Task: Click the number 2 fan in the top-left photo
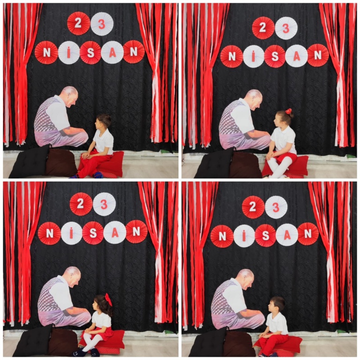coord(78,23)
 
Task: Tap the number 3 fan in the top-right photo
coord(286,28)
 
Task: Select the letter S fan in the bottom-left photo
coord(93,232)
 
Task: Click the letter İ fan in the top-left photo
coord(69,53)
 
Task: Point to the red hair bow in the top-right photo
coord(288,112)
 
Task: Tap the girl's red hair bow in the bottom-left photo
coord(108,300)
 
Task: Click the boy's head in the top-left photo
coord(103,122)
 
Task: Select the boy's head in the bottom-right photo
coord(277,305)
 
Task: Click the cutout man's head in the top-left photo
coord(70,97)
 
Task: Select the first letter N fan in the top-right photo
coord(232,56)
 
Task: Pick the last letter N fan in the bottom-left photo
coord(136,232)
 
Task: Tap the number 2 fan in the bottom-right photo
coord(253,207)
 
